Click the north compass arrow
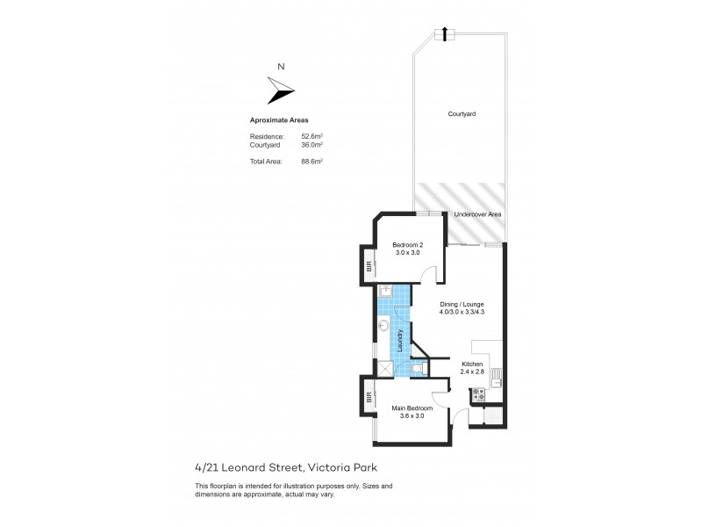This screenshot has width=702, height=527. point(281,89)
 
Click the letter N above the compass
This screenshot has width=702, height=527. point(280,66)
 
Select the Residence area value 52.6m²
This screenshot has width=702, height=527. point(312,137)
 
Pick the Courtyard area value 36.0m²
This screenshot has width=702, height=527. point(312,145)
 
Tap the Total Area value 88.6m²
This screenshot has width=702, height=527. point(312,162)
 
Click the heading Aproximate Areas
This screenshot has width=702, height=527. point(279,119)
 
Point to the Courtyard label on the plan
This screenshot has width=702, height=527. point(462,114)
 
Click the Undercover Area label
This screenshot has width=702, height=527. point(477,214)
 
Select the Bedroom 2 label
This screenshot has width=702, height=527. point(407,245)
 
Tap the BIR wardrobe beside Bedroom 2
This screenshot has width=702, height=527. point(369,266)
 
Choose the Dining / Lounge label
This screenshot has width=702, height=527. point(461,304)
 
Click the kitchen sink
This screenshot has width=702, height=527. point(496,379)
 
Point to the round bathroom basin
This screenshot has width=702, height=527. point(384,325)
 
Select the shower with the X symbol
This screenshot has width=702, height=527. point(385,368)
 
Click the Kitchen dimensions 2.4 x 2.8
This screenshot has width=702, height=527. point(472,372)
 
